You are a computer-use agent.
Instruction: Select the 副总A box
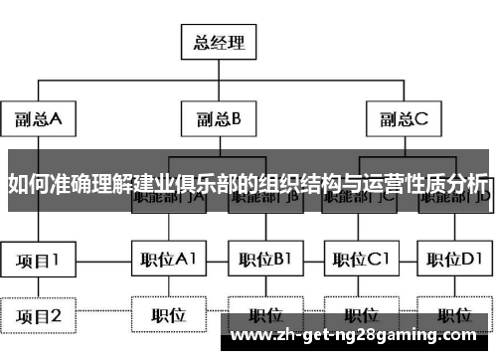click(39, 120)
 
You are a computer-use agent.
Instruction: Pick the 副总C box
click(402, 120)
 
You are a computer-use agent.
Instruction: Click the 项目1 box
click(38, 260)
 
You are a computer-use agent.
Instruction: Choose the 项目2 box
click(38, 316)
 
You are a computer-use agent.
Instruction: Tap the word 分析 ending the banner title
click(468, 184)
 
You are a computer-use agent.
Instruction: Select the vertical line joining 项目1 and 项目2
click(38, 287)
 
